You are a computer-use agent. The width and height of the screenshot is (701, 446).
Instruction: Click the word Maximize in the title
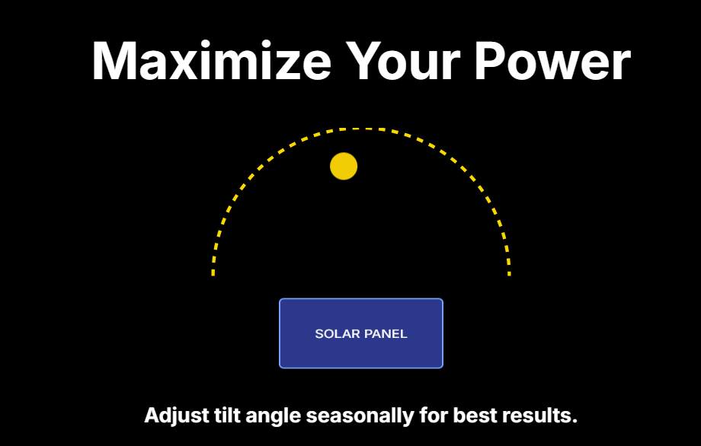(x=212, y=61)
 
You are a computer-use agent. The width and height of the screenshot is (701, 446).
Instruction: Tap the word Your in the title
(x=402, y=61)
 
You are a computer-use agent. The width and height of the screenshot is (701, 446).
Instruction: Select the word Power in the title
(x=552, y=61)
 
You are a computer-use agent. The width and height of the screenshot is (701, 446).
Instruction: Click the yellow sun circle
(x=344, y=166)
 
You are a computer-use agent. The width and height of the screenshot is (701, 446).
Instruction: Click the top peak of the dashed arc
(x=361, y=129)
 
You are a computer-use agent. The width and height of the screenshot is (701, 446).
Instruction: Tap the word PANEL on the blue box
(x=386, y=334)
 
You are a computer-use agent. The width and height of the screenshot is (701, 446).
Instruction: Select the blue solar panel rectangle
(x=361, y=333)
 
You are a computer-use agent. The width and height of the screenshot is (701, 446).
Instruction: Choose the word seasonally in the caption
(x=360, y=416)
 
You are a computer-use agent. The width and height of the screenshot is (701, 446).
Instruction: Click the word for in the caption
(x=434, y=416)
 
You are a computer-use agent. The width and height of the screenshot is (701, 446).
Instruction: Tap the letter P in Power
(x=490, y=61)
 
